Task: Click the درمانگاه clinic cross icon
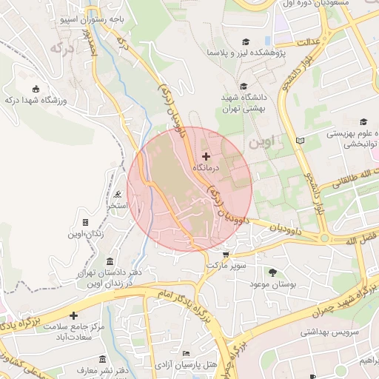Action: [206, 156]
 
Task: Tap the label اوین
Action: [263, 139]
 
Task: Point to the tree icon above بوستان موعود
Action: [272, 272]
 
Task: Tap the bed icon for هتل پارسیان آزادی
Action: [186, 355]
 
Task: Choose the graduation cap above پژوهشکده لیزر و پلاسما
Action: [246, 42]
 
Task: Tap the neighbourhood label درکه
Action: [60, 48]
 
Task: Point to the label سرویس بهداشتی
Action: [329, 332]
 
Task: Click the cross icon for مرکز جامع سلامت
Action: [73, 315]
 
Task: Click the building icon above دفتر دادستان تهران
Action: [110, 263]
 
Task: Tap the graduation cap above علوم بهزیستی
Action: [363, 122]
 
